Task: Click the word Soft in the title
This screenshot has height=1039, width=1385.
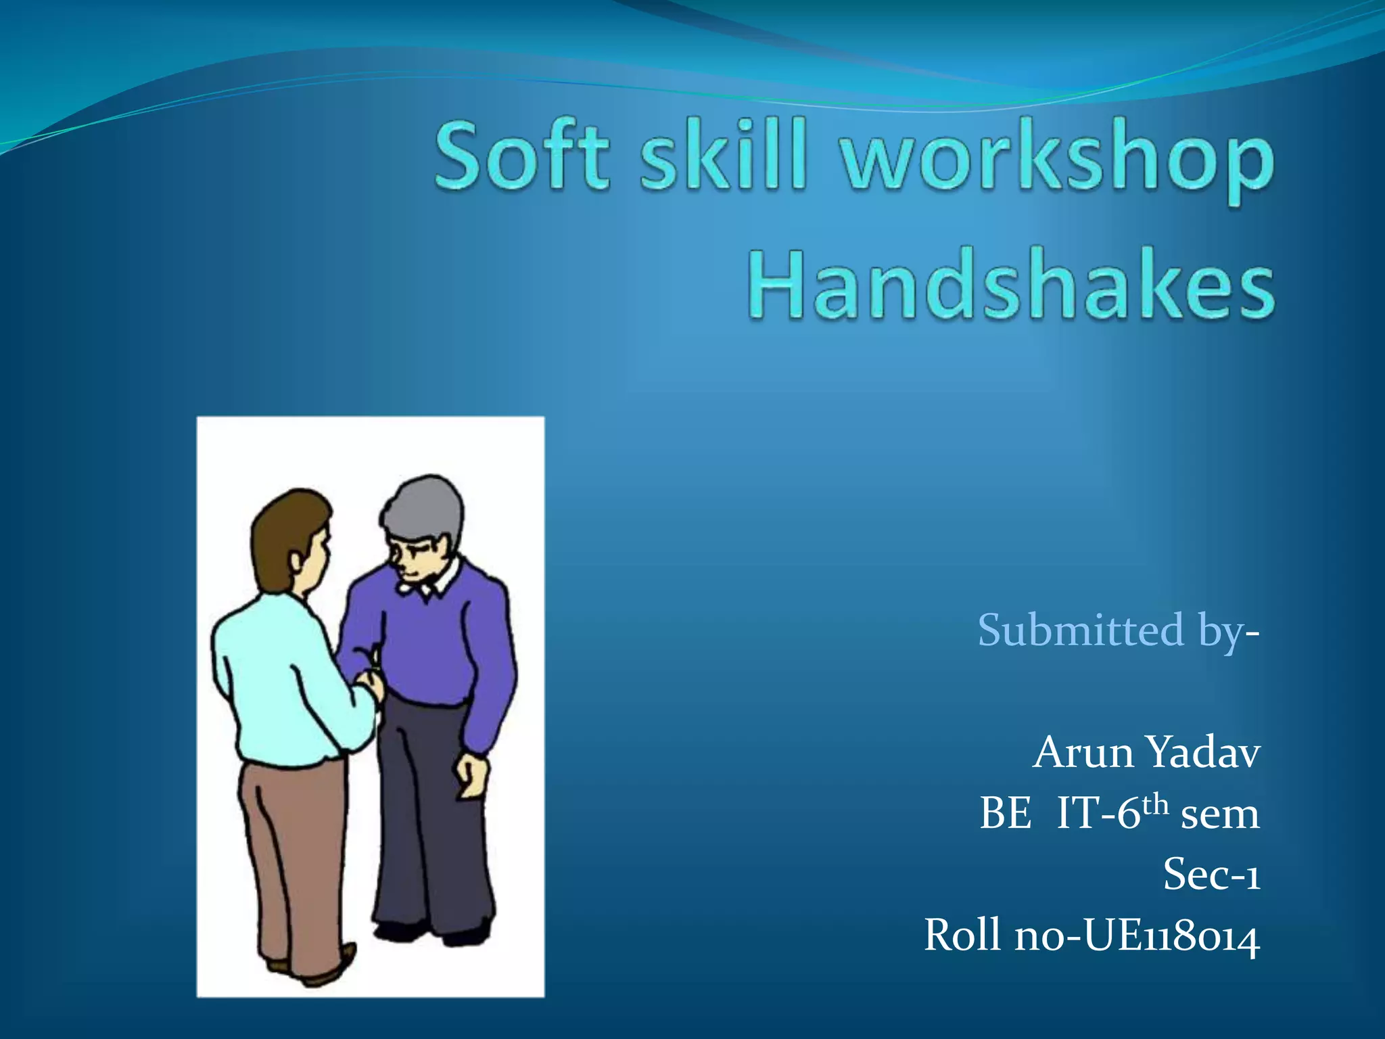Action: coord(522,156)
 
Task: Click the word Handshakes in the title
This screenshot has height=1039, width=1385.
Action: coord(1011,284)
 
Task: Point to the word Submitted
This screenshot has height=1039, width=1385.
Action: coord(1081,630)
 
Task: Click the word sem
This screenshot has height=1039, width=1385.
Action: coord(1220,814)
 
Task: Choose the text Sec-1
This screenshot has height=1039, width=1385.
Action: coord(1211,875)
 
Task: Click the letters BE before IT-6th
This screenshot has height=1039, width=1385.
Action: coord(1006,814)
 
